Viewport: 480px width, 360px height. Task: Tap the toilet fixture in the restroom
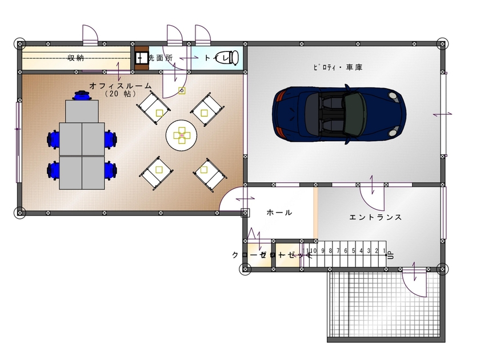tap(229, 58)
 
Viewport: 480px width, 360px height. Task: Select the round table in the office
tap(181, 136)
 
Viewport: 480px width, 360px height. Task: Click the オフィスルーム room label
tap(121, 85)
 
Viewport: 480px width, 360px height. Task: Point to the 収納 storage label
tap(76, 58)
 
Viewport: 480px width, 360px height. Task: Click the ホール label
tap(279, 213)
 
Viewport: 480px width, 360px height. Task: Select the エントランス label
tap(375, 217)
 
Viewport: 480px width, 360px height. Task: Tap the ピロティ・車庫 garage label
tap(337, 67)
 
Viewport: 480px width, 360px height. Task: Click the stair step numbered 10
tap(311, 251)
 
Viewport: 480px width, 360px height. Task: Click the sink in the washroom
tap(140, 58)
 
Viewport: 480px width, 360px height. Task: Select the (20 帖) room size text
tap(120, 93)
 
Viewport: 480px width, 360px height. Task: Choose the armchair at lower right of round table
tap(207, 173)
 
